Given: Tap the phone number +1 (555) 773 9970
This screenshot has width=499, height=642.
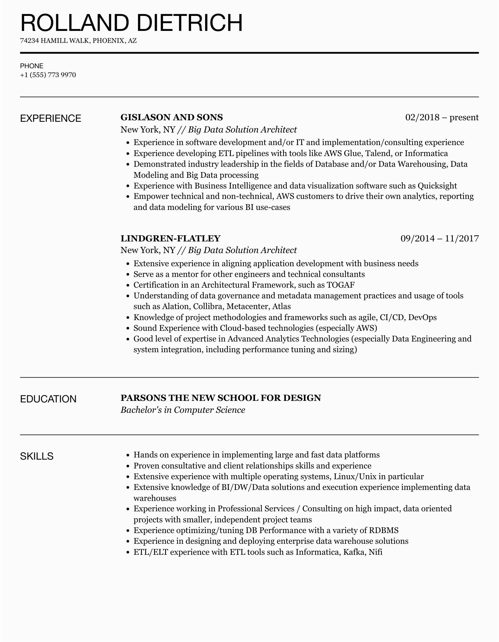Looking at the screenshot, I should click(x=48, y=75).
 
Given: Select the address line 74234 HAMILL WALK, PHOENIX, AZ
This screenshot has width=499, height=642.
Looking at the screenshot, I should click(x=78, y=41).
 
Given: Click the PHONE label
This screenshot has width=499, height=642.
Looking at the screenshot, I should click(x=32, y=66).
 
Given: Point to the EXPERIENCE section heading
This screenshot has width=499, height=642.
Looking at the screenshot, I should click(x=51, y=118).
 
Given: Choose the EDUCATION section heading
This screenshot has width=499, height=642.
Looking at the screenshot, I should click(x=48, y=399).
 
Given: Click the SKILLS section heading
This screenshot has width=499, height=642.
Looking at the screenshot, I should click(x=37, y=456).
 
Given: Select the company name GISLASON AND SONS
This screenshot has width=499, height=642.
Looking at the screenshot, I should click(x=172, y=118).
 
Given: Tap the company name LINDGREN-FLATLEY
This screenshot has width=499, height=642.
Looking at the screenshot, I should click(x=170, y=238).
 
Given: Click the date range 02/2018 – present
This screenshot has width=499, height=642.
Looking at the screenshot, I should click(x=442, y=118).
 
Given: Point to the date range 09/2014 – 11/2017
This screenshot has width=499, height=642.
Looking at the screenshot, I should click(x=439, y=238).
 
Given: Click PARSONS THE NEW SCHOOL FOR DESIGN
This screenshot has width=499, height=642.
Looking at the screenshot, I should click(x=221, y=398).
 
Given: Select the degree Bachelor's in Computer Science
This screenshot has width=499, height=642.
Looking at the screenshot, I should click(x=183, y=410).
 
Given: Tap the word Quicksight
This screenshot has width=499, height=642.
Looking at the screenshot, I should click(x=437, y=186).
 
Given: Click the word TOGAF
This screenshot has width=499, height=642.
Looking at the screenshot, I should click(x=341, y=285).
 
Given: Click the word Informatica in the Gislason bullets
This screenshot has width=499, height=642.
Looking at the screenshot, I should click(x=426, y=153).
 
